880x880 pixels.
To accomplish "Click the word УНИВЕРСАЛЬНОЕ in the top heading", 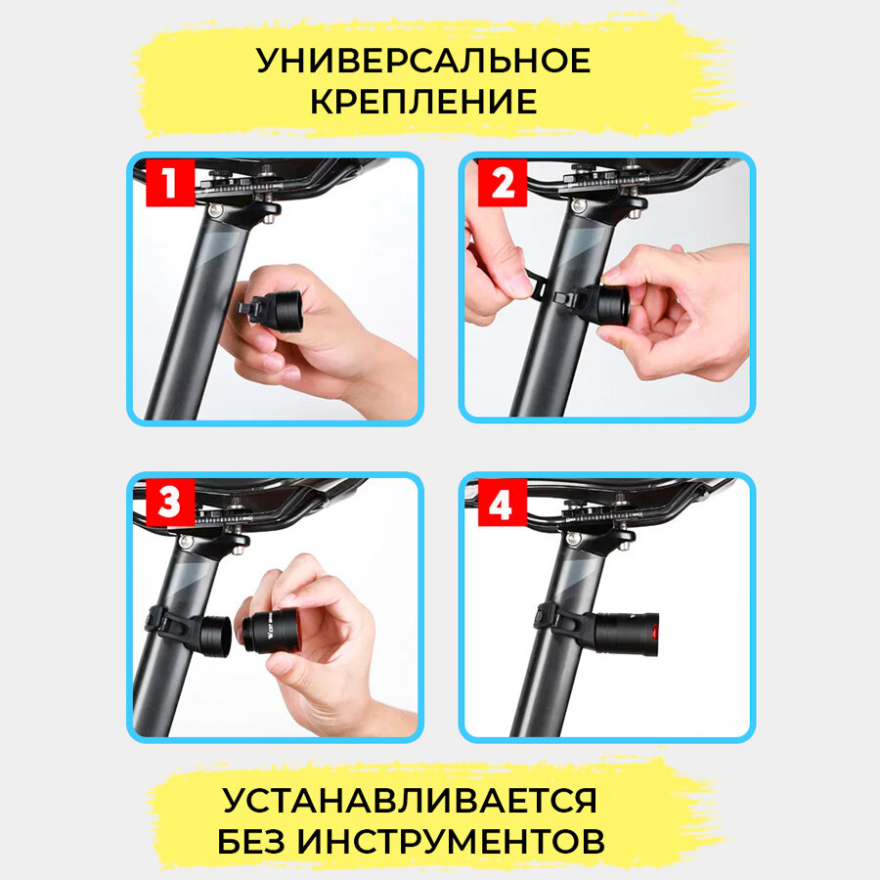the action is (x=423, y=61).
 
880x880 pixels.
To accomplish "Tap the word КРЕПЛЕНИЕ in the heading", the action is (x=423, y=102).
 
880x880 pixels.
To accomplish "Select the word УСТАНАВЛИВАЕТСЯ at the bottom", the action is (x=410, y=800).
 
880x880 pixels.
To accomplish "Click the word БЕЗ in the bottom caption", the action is (x=252, y=841).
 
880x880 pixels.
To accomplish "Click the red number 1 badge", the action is (x=170, y=183).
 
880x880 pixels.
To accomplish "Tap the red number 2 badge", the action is (x=503, y=183).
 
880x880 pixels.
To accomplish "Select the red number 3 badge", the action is (x=170, y=503).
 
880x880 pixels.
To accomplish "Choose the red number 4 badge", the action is (x=503, y=503).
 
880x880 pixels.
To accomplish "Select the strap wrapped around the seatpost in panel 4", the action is (x=555, y=622).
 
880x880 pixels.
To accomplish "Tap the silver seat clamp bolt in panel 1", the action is (x=214, y=210).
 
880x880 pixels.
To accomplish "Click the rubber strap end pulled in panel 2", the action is (x=536, y=282).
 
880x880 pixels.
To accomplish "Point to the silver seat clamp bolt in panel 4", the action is (x=572, y=539).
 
